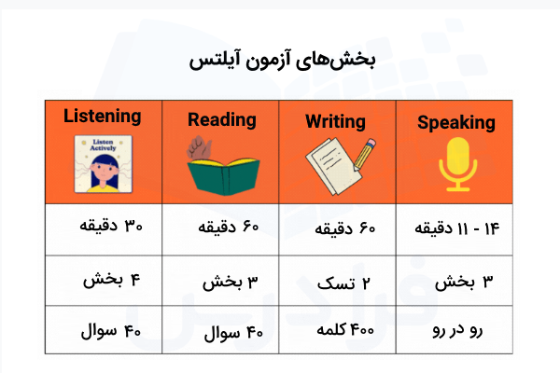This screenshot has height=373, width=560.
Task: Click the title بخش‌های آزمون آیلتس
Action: tap(281, 59)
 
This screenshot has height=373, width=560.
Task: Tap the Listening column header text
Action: tap(103, 117)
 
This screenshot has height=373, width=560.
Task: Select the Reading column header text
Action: tap(221, 119)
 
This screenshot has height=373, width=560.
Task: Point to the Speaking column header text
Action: tap(456, 122)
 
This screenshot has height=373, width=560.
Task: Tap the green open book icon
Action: tap(221, 166)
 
